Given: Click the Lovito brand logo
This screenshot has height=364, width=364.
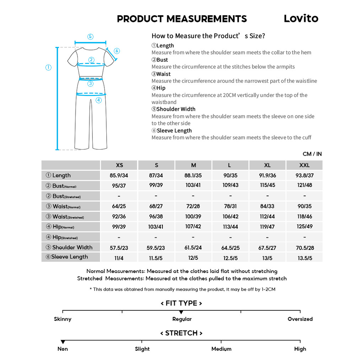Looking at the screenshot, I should point(301,18).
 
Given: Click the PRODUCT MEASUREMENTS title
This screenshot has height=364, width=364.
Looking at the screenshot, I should point(182,19).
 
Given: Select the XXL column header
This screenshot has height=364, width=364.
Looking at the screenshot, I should point(304,165).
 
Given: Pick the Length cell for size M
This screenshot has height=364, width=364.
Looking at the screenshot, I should point(193,175).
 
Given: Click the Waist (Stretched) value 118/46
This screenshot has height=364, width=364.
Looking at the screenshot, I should point(304,216).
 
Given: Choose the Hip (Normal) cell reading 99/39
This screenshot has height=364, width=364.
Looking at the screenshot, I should point(119,227).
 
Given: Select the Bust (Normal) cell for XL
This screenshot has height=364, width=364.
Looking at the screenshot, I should point(267,186).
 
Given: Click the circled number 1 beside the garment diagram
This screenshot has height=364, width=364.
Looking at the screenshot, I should point(49,68).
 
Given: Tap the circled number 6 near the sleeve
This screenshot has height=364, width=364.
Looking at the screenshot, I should point(117,51).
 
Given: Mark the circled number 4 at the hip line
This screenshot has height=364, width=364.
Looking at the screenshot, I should point(99,100).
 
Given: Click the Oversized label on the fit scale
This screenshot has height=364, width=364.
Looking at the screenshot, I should point(300,319).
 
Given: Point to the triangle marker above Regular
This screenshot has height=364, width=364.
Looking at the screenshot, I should point(181,312).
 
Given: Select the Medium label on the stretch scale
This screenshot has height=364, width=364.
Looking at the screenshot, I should point(221,349).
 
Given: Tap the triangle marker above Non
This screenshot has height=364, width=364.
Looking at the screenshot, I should point(63,342).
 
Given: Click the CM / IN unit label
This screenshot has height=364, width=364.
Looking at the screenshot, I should point(312,154).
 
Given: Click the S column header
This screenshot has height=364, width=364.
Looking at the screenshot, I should point(156,165).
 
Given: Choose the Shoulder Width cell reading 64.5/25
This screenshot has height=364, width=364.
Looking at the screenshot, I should point(230,248).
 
